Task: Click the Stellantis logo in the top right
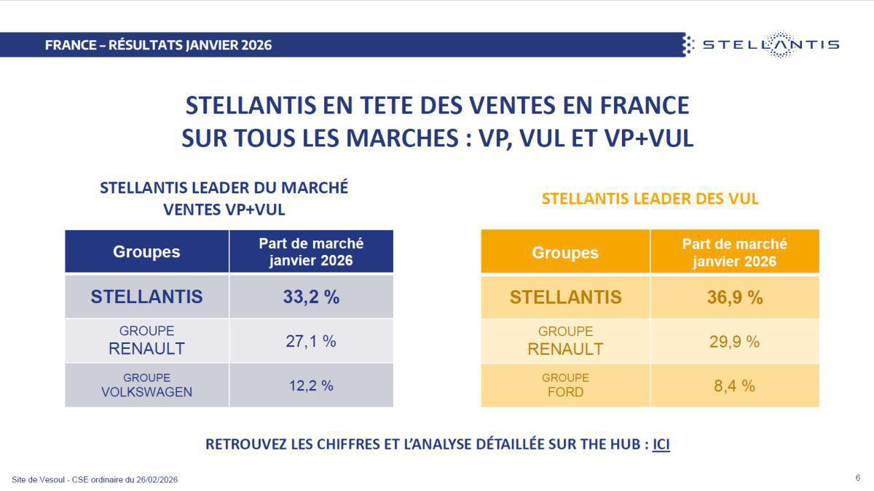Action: tap(762, 44)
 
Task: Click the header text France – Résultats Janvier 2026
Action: tap(158, 44)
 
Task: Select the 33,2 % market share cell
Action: tap(311, 296)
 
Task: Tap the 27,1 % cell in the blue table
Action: tap(311, 341)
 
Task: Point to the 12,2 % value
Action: tap(311, 385)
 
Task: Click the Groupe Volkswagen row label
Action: tap(146, 385)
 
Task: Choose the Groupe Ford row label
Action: tap(565, 385)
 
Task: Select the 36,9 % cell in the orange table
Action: tap(734, 297)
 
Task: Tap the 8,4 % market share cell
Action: tap(734, 385)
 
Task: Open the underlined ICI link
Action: tap(661, 444)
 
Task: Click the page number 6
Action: tap(857, 478)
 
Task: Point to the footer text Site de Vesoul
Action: tap(95, 479)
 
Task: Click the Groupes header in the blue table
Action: tap(146, 252)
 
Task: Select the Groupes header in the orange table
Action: tap(565, 253)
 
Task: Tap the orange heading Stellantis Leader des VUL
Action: tap(650, 198)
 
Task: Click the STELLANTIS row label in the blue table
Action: tap(146, 296)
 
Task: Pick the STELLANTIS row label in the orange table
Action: tap(565, 297)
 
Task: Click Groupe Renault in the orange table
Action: tap(565, 341)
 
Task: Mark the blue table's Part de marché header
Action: tap(311, 252)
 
